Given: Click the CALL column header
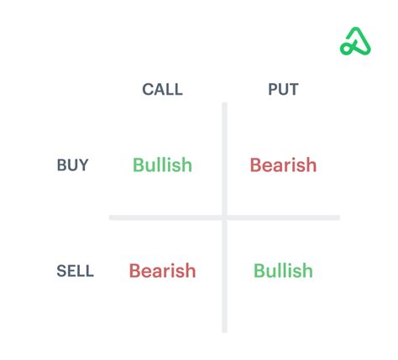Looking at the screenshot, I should tap(162, 90).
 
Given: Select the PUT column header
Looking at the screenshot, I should tap(283, 90).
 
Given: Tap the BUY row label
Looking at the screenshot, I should tap(72, 165).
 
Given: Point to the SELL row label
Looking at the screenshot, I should tap(75, 271).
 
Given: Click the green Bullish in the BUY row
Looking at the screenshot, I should tap(162, 165).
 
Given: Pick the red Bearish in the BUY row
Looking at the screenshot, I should tap(283, 165).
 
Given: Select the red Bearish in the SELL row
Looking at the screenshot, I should tap(162, 271).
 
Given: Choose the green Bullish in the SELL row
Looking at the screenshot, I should tap(283, 271).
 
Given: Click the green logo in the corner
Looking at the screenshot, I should tap(355, 42).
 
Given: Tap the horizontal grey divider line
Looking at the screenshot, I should tap(168, 218).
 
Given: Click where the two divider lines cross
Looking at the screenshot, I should tap(224, 218).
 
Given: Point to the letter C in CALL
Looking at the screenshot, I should tap(147, 90).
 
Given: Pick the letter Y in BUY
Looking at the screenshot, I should tap(83, 165).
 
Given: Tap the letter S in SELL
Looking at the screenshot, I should tap(61, 271).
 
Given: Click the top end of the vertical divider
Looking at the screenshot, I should tap(224, 105).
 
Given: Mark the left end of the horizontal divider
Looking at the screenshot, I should tap(111, 218).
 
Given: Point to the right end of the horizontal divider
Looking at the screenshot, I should tap(338, 218).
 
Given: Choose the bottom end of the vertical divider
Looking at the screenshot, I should tap(224, 331).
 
